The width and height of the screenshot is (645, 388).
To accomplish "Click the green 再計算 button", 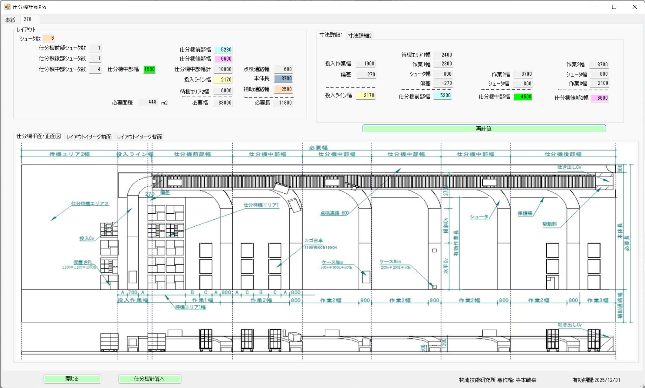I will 484,129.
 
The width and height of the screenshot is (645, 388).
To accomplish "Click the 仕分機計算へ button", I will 150,379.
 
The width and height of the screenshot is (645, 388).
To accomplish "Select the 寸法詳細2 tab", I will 360,36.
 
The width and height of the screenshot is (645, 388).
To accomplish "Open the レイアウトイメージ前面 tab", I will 89,137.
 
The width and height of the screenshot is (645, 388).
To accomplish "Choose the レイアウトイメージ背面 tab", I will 139,137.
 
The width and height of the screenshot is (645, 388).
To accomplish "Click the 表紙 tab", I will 10,20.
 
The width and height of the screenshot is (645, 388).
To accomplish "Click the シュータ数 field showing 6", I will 49,38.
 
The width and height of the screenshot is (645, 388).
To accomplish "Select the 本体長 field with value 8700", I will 283,79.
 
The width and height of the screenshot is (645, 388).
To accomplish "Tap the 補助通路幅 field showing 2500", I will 283,89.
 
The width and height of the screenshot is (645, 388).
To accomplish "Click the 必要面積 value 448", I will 148,102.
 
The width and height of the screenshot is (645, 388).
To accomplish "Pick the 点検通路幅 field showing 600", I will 283,69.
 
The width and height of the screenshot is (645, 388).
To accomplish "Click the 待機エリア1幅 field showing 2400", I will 443,55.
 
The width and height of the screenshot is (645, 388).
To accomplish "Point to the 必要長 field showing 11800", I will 283,103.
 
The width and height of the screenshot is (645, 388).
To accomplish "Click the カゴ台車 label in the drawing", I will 313,241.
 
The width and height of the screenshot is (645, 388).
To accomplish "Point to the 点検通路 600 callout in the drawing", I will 335,213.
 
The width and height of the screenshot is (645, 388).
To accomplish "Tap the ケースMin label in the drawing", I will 390,261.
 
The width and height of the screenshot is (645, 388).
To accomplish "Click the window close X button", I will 634,7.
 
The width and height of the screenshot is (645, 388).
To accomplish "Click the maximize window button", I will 614,7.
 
